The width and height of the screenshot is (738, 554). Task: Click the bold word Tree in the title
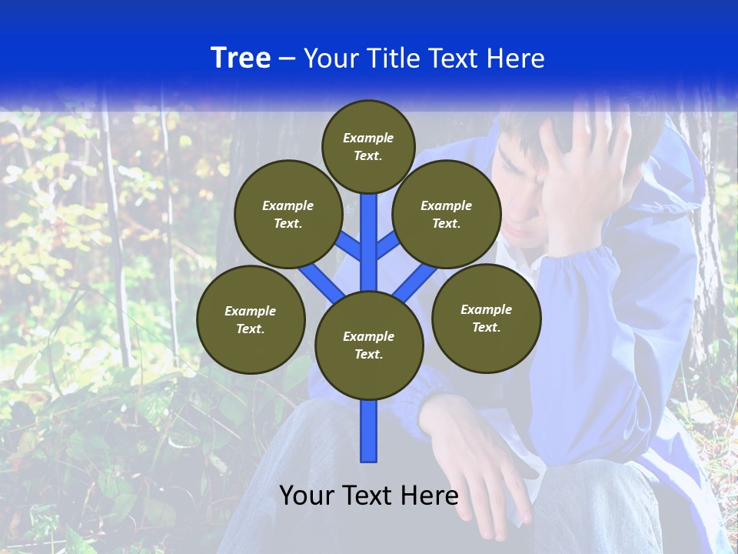[241, 58]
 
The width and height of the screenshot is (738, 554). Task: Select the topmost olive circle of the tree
[368, 146]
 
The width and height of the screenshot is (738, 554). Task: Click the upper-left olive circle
[288, 214]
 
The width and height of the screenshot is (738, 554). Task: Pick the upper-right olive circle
[446, 214]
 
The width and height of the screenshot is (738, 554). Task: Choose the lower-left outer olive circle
[251, 319]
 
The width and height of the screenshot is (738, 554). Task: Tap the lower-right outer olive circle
[486, 318]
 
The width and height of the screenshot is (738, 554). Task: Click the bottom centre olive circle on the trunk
[369, 345]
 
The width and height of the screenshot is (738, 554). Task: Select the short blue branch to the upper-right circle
[387, 245]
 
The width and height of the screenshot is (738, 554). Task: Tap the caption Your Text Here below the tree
[369, 496]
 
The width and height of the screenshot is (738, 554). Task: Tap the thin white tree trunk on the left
[115, 231]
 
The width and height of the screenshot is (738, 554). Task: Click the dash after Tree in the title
[287, 58]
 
